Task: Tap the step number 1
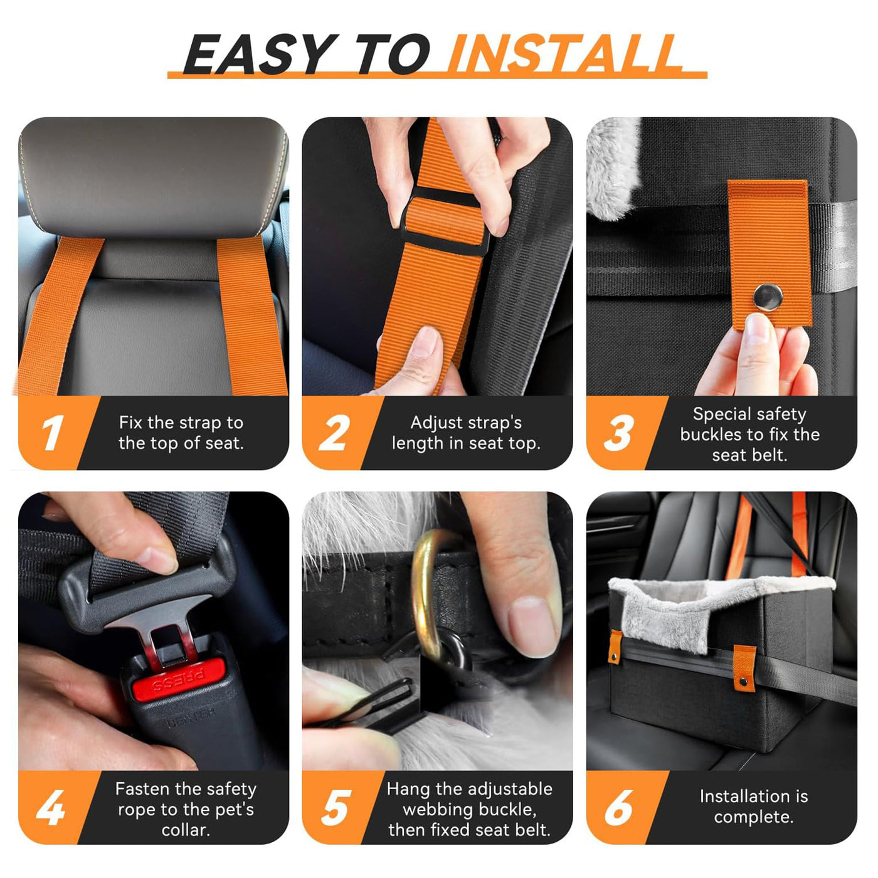pyautogui.click(x=52, y=433)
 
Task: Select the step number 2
pyautogui.click(x=334, y=433)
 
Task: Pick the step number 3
pyautogui.click(x=618, y=433)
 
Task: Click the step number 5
pyautogui.click(x=336, y=807)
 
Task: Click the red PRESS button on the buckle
pyautogui.click(x=178, y=682)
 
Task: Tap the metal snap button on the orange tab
pyautogui.click(x=768, y=294)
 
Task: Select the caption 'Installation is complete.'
pyautogui.click(x=753, y=807)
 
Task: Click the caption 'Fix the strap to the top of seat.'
pyautogui.click(x=181, y=433)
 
